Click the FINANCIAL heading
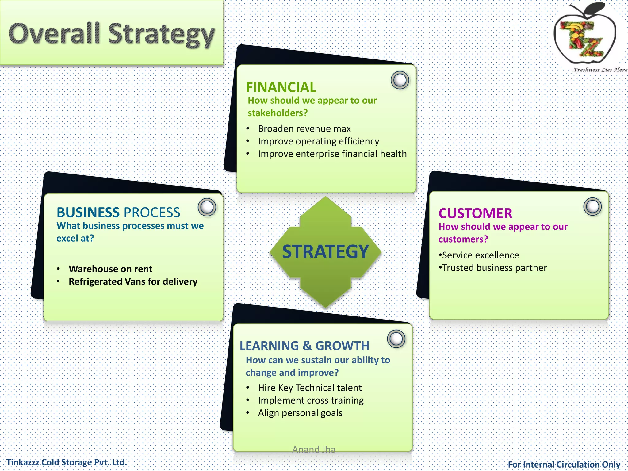281,87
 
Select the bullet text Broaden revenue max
304,128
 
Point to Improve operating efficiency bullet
318,141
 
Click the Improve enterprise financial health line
332,154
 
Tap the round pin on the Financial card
400,80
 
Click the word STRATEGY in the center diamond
325,251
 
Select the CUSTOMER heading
475,213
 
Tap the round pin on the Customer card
592,206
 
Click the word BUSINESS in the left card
88,213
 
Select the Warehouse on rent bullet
110,269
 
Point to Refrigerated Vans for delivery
133,281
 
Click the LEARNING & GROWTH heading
304,346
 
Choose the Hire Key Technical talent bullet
310,388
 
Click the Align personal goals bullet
300,413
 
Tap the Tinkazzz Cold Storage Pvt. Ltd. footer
67,462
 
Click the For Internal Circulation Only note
564,465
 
